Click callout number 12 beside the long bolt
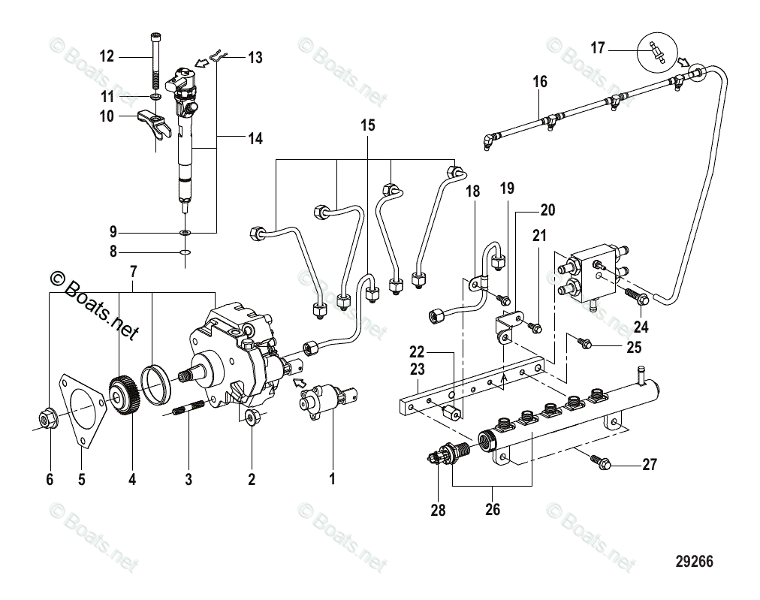click(x=106, y=56)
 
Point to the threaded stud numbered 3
click(x=188, y=412)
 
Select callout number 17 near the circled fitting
click(x=598, y=49)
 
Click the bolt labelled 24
click(x=636, y=298)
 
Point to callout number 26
click(x=493, y=509)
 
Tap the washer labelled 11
click(x=155, y=98)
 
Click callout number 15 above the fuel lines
click(x=367, y=125)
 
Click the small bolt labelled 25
click(x=584, y=343)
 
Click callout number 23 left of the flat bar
click(x=418, y=369)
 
